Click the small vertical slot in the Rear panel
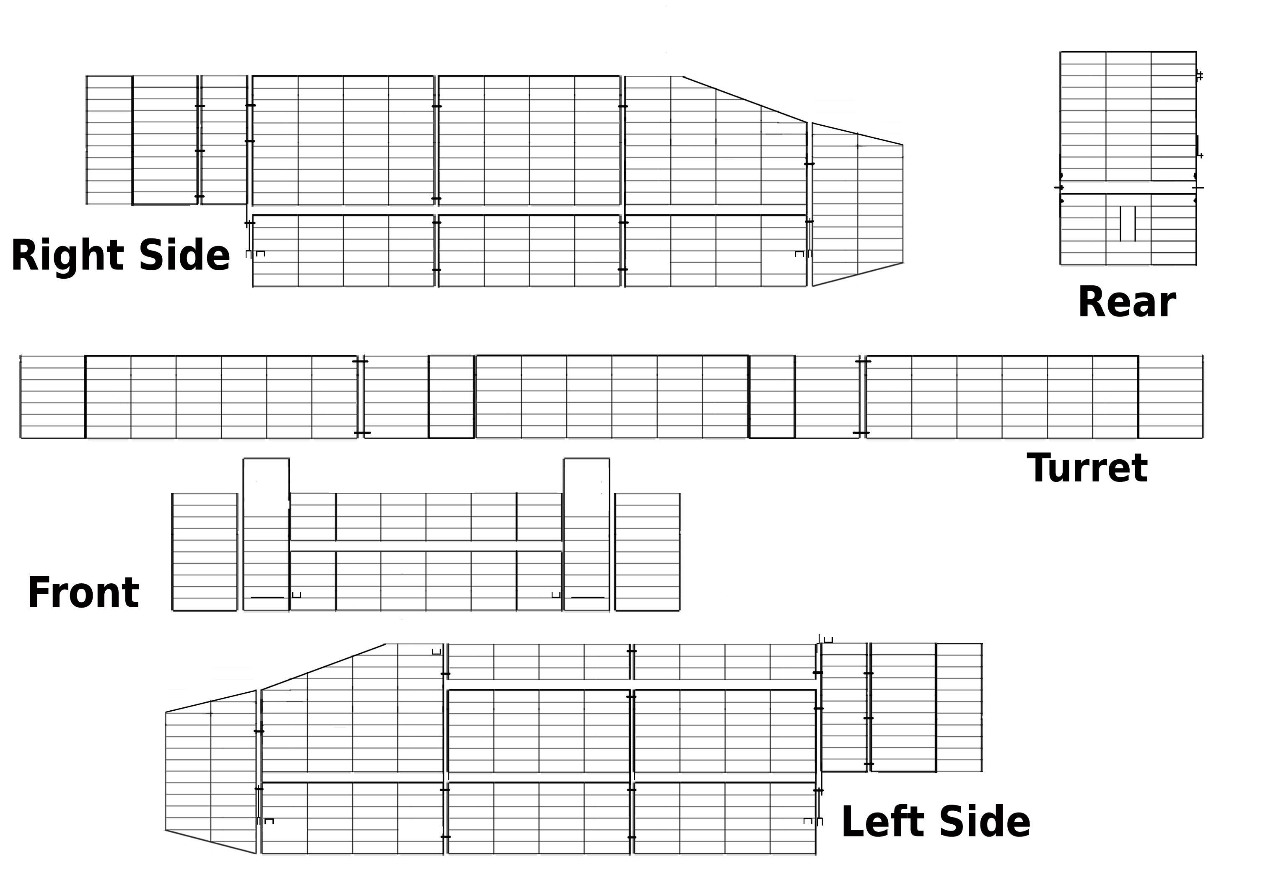(x=1127, y=223)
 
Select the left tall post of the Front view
(x=266, y=535)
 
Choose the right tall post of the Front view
(x=587, y=535)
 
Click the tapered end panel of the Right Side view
(x=858, y=204)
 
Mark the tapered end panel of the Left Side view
(x=211, y=772)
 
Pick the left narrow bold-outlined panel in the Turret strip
(x=451, y=397)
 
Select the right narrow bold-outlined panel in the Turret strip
(x=772, y=397)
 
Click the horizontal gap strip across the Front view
(x=426, y=546)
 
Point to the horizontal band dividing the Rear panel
(x=1128, y=187)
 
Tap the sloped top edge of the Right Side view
(x=745, y=99)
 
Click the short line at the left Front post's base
(x=267, y=598)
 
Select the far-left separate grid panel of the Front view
(x=205, y=552)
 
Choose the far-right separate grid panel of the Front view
(x=648, y=552)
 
